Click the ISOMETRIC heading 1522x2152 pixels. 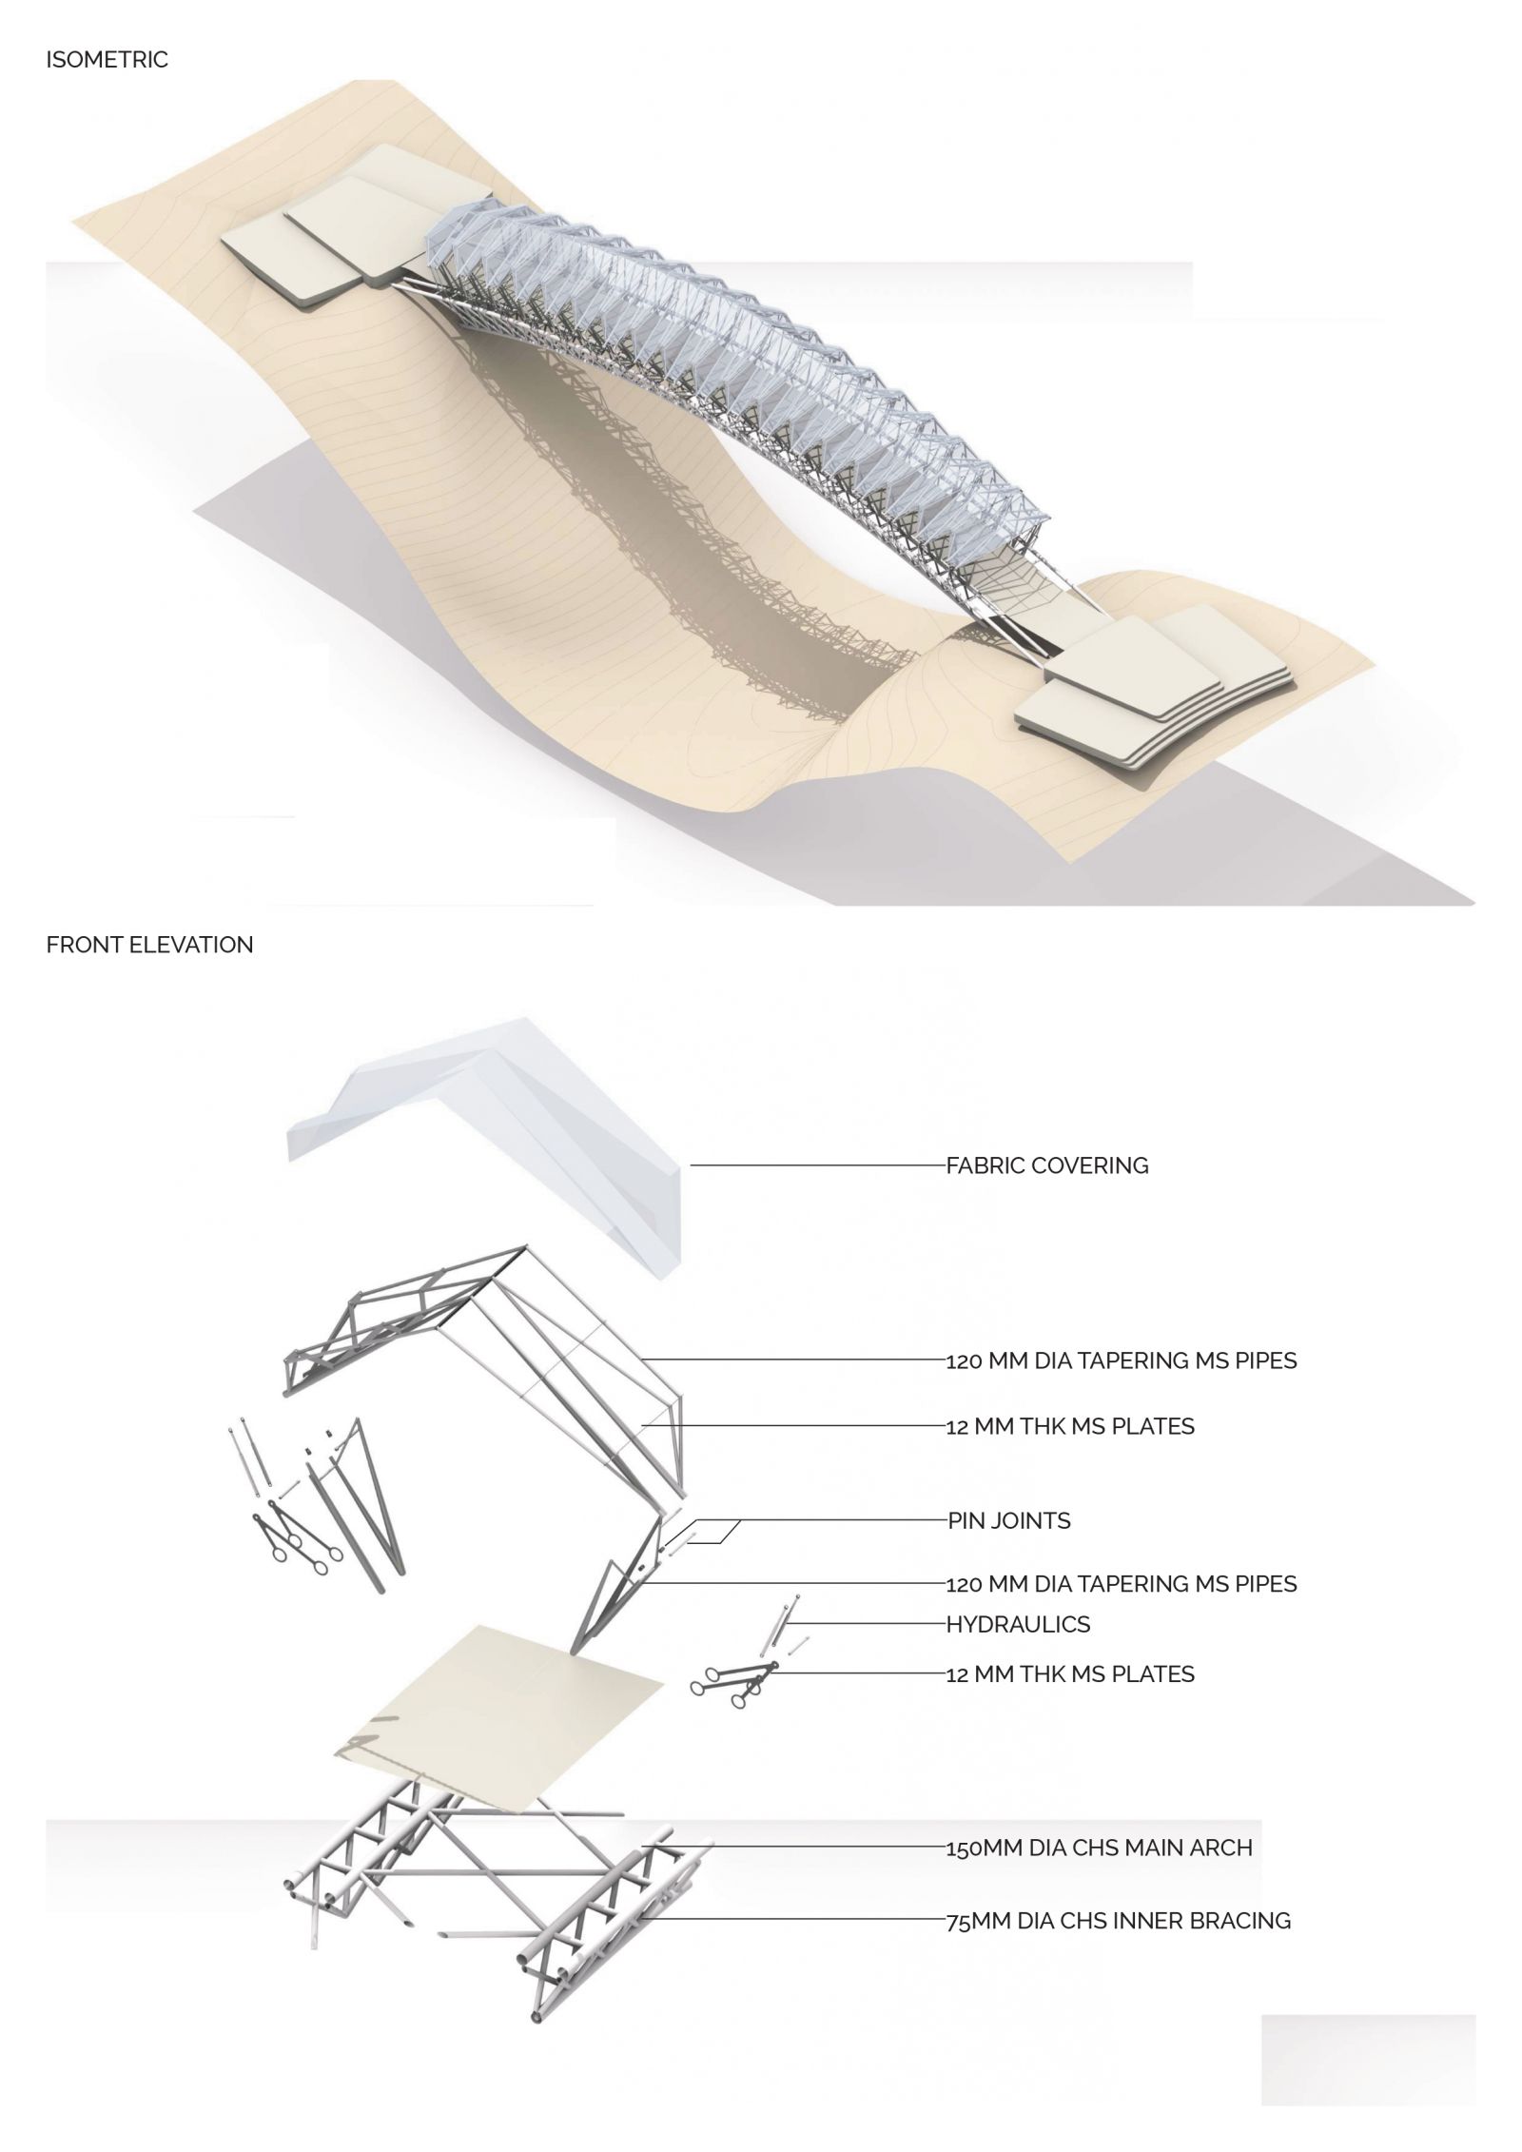pos(107,60)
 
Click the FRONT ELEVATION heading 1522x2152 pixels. pos(149,945)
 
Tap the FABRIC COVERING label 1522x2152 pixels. pos(1047,1165)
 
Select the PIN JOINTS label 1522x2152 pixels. pos(1009,1520)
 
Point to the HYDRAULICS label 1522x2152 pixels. pos(1018,1624)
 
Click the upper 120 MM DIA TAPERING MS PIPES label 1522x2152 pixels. pos(1122,1360)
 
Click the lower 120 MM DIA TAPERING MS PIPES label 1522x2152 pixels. pos(1122,1584)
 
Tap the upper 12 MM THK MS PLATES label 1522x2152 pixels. pos(1070,1426)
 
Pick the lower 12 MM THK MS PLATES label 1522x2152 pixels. pos(1070,1674)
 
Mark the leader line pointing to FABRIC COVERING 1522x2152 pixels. pos(818,1164)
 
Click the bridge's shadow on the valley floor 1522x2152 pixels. pos(609,533)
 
